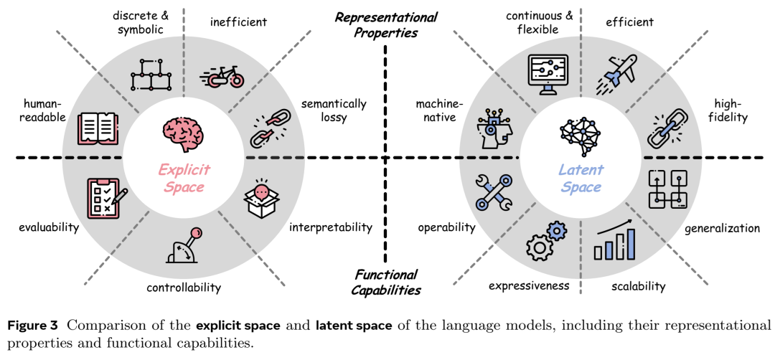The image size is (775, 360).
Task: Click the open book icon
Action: [x=99, y=128]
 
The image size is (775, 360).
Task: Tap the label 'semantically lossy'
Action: [x=334, y=111]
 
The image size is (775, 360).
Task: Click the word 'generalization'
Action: [x=722, y=228]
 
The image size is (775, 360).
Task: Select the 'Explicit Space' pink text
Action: [x=184, y=179]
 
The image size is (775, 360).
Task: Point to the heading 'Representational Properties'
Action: [x=386, y=25]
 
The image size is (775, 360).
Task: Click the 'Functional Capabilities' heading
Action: [x=386, y=282]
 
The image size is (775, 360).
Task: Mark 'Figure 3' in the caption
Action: [x=32, y=326]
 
